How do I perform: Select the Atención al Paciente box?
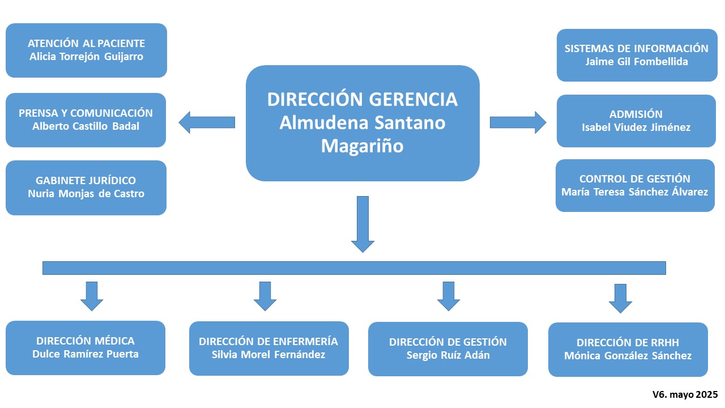[86, 50]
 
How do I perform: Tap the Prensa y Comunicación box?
[86, 120]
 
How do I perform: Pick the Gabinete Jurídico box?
[86, 188]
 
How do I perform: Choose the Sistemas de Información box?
[637, 55]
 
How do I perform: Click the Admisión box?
[636, 121]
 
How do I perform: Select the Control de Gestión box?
[635, 185]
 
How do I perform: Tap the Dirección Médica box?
[86, 347]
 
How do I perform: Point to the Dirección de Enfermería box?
[268, 348]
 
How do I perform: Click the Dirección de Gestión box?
[448, 348]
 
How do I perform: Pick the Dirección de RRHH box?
[628, 349]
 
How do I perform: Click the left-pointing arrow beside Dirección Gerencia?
[207, 122]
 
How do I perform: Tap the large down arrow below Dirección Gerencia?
[362, 224]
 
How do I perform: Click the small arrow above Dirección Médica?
[92, 296]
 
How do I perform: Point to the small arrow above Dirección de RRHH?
[620, 299]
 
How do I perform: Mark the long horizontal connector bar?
[354, 268]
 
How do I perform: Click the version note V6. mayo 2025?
[685, 394]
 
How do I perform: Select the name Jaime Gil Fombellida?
[637, 61]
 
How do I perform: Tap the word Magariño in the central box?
[362, 146]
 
